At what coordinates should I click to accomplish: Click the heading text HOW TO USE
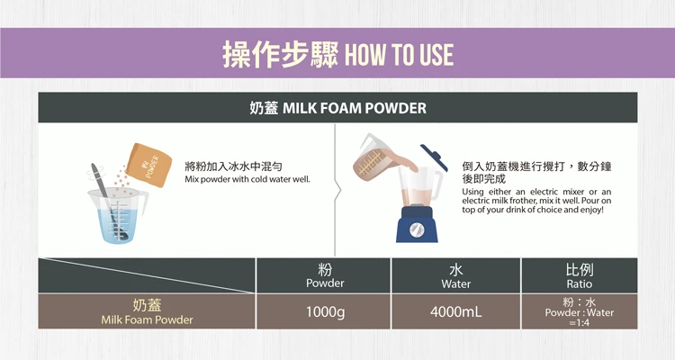click(399, 55)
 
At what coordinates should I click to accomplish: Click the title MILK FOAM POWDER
click(355, 108)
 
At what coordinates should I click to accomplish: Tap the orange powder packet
click(148, 165)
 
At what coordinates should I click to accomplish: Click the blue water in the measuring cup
click(117, 226)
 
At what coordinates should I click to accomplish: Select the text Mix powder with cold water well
click(247, 179)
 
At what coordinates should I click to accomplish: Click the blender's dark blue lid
click(434, 157)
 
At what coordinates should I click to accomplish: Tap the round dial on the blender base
click(417, 229)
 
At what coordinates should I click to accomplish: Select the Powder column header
click(325, 275)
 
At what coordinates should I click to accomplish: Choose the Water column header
click(456, 275)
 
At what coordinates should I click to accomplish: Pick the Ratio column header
click(580, 275)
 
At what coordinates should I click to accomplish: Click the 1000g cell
click(325, 311)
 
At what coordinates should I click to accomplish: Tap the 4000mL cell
click(456, 311)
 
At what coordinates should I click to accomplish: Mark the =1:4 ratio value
click(580, 323)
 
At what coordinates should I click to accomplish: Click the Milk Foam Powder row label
click(147, 320)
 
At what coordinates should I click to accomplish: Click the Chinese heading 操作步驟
click(280, 55)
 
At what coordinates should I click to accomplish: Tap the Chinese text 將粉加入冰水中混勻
click(233, 166)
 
